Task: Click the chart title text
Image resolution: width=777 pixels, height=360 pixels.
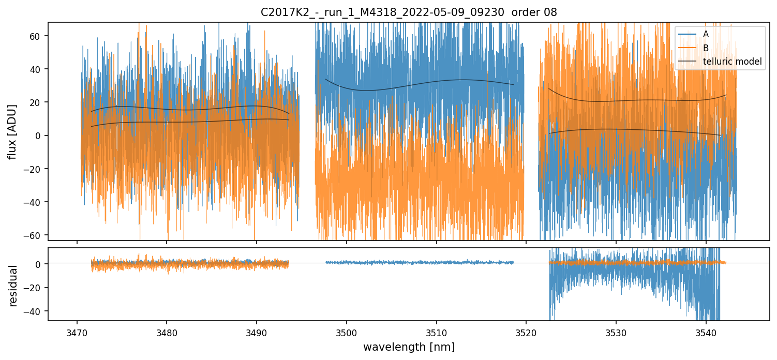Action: point(409,12)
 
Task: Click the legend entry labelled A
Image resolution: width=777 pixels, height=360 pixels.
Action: point(706,34)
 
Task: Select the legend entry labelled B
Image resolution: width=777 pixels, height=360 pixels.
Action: point(706,48)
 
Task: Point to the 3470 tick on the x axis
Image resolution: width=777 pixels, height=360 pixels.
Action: point(77,332)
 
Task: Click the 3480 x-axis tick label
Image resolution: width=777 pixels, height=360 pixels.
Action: point(167,332)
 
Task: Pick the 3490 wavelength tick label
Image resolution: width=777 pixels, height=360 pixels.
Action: point(257,332)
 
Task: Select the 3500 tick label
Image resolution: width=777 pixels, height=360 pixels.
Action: point(347,332)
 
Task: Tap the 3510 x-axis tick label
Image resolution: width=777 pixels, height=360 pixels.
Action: point(436,332)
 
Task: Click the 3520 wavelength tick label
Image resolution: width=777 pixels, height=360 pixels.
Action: point(526,332)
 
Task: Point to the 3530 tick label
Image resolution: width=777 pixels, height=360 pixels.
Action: point(616,332)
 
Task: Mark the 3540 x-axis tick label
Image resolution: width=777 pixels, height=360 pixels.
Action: point(706,332)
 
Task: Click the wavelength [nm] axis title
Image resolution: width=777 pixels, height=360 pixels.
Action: point(409,347)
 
